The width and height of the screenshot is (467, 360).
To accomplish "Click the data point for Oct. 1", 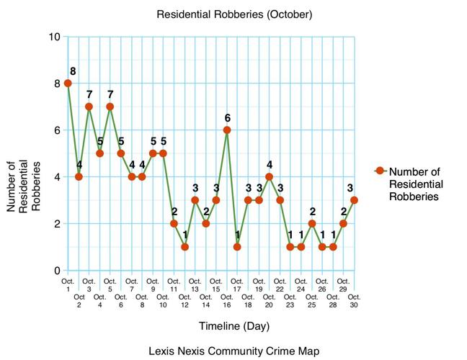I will tap(68, 84).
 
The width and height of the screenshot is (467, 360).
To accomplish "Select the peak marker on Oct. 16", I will tap(227, 130).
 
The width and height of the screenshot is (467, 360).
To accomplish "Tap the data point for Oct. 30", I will tap(354, 200).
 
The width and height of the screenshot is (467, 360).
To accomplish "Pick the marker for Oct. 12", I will tap(184, 247).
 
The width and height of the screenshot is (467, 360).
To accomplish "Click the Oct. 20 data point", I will tap(269, 177).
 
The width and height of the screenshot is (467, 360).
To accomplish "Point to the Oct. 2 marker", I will tap(79, 177).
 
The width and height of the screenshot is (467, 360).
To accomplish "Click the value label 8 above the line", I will tap(74, 71).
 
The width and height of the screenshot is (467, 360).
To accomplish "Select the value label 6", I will tap(227, 117).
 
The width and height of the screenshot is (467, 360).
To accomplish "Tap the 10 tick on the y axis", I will tap(54, 37).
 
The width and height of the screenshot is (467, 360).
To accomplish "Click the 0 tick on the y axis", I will tap(57, 271).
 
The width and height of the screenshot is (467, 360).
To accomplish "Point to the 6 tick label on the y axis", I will tap(57, 130).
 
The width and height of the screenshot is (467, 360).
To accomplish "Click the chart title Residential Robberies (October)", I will tap(233, 14).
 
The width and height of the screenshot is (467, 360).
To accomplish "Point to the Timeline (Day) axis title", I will tap(234, 326).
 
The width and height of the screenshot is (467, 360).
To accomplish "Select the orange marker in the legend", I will tap(379, 171).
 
